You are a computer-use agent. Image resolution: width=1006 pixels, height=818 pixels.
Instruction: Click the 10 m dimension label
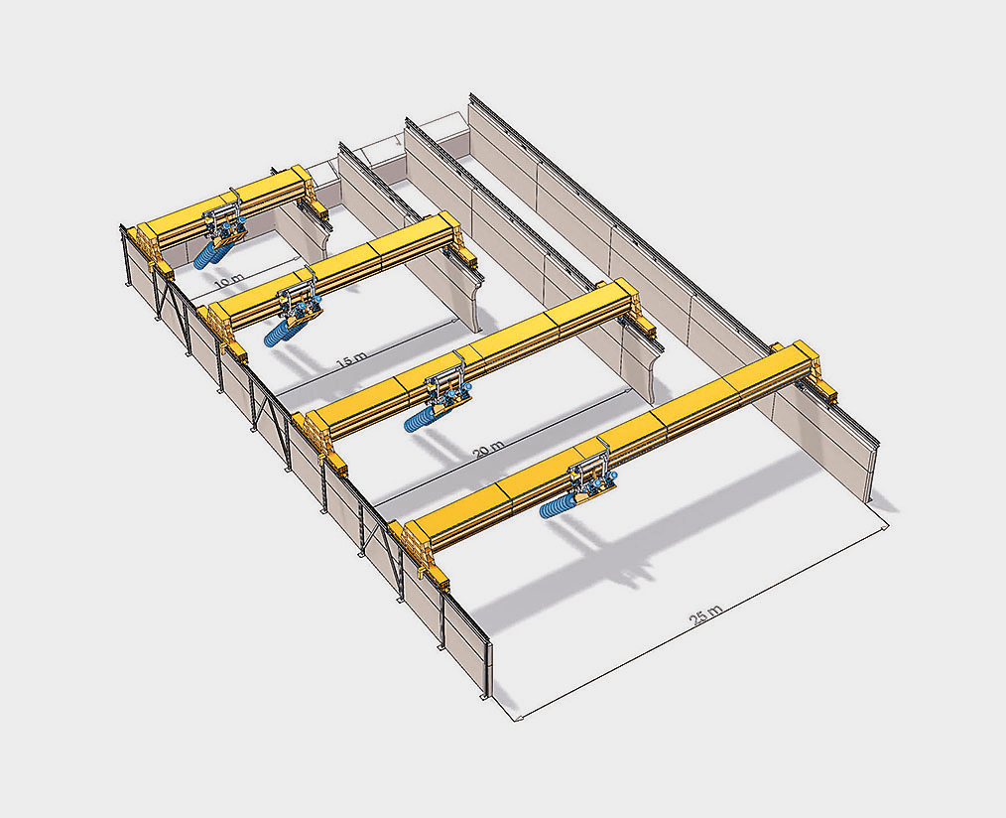[x=229, y=281]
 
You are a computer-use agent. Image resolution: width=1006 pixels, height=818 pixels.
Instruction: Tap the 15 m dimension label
[x=351, y=360]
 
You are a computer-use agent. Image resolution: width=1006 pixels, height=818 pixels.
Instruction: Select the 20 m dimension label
[x=488, y=449]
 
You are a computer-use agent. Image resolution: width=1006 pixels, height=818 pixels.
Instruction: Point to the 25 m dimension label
[x=705, y=615]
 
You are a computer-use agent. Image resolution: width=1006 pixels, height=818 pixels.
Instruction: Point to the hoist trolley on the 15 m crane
[x=300, y=298]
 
